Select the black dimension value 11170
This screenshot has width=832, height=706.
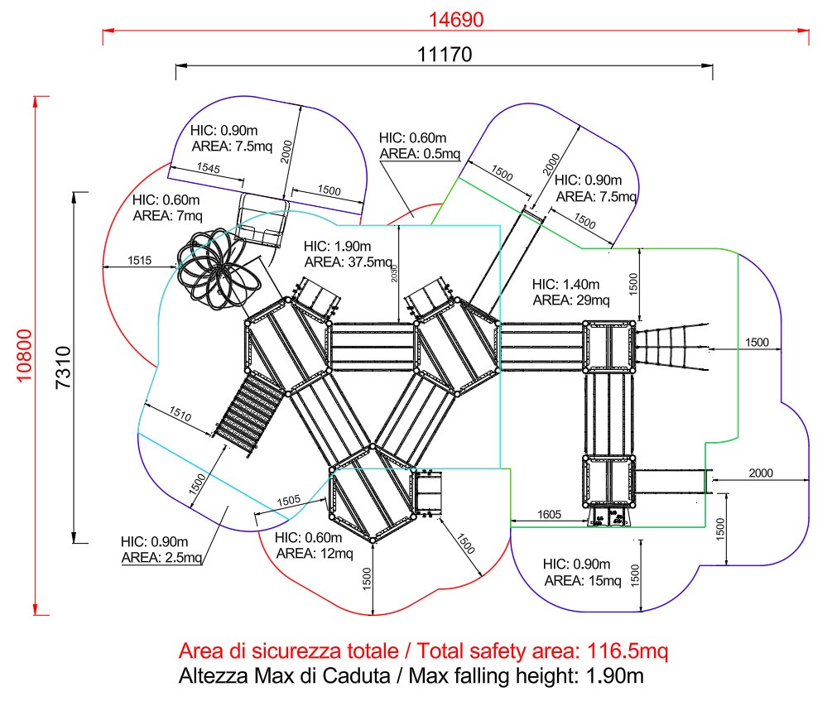pos(445,55)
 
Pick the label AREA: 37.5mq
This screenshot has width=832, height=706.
pos(348,262)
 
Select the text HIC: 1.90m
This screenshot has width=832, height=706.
pos(337,247)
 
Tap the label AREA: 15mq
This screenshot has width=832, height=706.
pos(582,581)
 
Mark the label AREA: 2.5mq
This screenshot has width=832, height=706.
pos(161,557)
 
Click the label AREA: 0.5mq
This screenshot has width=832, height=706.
pos(420,153)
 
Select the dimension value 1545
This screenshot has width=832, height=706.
pos(209,169)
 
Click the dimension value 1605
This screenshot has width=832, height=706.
pos(549,514)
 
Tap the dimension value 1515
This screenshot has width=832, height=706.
pos(139,261)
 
